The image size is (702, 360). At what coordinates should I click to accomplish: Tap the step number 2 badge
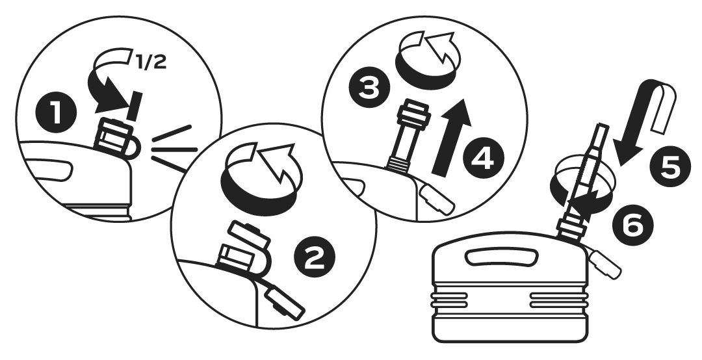[315, 257]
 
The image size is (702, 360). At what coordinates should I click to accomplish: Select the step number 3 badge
[369, 88]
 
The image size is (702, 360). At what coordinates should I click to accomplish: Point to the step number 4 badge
[484, 158]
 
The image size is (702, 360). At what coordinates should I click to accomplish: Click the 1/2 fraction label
[151, 62]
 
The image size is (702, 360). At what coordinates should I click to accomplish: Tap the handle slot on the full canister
[501, 257]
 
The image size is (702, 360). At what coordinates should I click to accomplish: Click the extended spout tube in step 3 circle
[409, 135]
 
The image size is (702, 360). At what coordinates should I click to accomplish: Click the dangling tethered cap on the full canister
[605, 264]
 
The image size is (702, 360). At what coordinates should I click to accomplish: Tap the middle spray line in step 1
[175, 149]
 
